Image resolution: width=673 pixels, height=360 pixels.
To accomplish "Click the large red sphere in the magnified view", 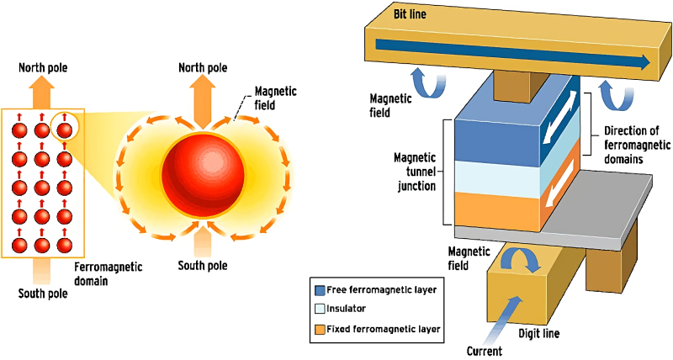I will pos(200,173).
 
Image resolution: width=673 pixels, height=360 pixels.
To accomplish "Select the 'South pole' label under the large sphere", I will pos(201,267).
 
